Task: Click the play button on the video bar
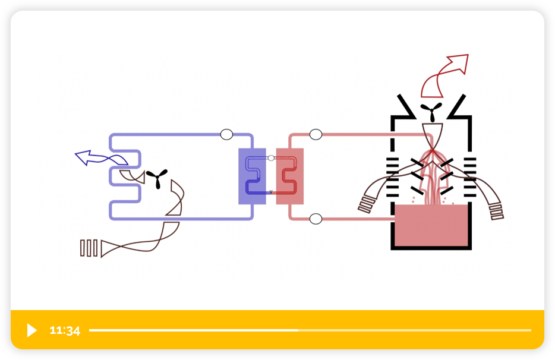(x=32, y=330)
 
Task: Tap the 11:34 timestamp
(x=65, y=331)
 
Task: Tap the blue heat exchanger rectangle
(x=252, y=176)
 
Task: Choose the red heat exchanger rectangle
(x=290, y=176)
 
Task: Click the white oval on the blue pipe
(x=226, y=134)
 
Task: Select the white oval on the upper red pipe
(x=316, y=134)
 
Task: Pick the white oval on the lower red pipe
(x=316, y=219)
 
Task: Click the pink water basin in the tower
(x=431, y=225)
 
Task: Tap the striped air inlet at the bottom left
(x=89, y=248)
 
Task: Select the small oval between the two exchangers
(x=271, y=158)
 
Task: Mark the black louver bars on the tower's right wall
(x=470, y=176)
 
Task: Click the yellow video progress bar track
(x=309, y=330)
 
